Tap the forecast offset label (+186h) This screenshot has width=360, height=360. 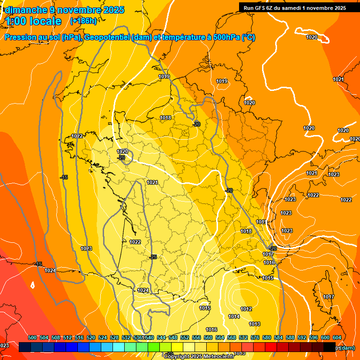[83, 21]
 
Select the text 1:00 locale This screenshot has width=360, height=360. [33, 21]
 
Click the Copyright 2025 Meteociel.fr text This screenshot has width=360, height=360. [199, 357]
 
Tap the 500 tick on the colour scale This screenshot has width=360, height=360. [32, 337]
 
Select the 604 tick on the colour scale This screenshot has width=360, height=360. [337, 337]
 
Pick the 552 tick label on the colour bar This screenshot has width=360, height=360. [185, 337]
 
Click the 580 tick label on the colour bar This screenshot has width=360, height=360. [267, 337]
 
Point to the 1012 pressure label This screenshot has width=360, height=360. [247, 309]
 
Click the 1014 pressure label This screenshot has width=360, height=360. [234, 317]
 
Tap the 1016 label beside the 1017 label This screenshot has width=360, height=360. [269, 262]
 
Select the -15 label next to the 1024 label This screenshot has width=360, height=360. [38, 264]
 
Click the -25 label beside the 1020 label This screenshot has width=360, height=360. [121, 158]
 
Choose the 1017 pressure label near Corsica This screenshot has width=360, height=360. [329, 297]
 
